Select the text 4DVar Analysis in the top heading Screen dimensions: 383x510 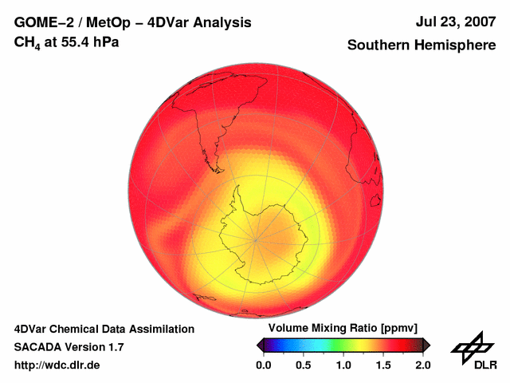pos(200,23)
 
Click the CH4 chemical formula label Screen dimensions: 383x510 pos(28,42)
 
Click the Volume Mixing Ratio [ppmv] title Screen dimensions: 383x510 pos(343,329)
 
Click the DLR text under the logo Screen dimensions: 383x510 pos(484,365)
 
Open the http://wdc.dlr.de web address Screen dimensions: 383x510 pos(57,365)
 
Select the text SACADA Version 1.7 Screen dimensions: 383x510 pos(69,347)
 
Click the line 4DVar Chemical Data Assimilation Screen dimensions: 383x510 pos(104,329)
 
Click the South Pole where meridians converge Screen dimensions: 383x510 pos(256,239)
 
